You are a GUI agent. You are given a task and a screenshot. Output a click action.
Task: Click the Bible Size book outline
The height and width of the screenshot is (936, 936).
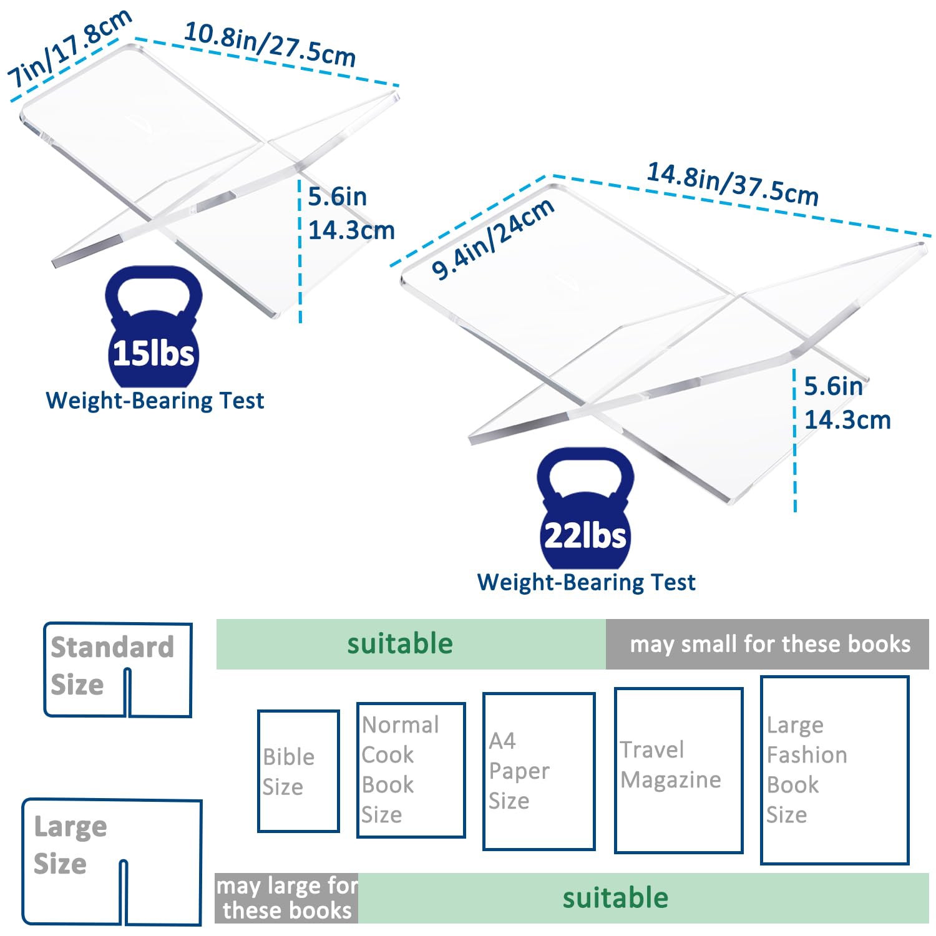tap(298, 771)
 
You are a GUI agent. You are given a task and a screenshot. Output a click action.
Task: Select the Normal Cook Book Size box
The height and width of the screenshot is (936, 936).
tap(411, 769)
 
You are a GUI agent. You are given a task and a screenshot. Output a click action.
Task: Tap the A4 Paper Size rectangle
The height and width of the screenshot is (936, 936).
tap(539, 771)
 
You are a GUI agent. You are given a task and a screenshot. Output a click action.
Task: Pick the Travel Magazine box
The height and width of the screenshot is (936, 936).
tap(678, 770)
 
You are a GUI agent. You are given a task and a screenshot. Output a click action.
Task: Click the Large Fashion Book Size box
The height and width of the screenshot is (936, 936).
tap(834, 770)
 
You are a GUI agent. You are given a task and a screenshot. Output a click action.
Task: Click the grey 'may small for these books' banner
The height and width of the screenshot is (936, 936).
tap(767, 644)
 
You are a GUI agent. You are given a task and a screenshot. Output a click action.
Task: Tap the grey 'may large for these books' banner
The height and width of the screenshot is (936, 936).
tap(286, 898)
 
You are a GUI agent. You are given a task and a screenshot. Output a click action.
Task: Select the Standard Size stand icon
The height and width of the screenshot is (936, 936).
tap(117, 670)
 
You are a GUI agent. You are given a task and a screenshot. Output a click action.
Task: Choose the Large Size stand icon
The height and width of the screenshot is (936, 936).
tap(112, 861)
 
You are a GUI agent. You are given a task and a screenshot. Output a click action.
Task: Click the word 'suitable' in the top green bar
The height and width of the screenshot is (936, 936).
tap(400, 644)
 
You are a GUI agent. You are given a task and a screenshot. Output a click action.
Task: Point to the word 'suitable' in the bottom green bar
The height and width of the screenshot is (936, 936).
tap(615, 898)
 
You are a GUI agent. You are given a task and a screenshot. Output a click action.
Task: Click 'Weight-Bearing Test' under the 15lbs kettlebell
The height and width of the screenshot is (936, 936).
tap(155, 401)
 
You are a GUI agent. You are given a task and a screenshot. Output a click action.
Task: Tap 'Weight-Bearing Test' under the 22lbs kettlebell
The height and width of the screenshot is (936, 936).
tap(586, 582)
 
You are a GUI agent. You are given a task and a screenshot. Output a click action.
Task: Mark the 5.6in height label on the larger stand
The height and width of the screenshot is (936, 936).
tap(833, 387)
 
